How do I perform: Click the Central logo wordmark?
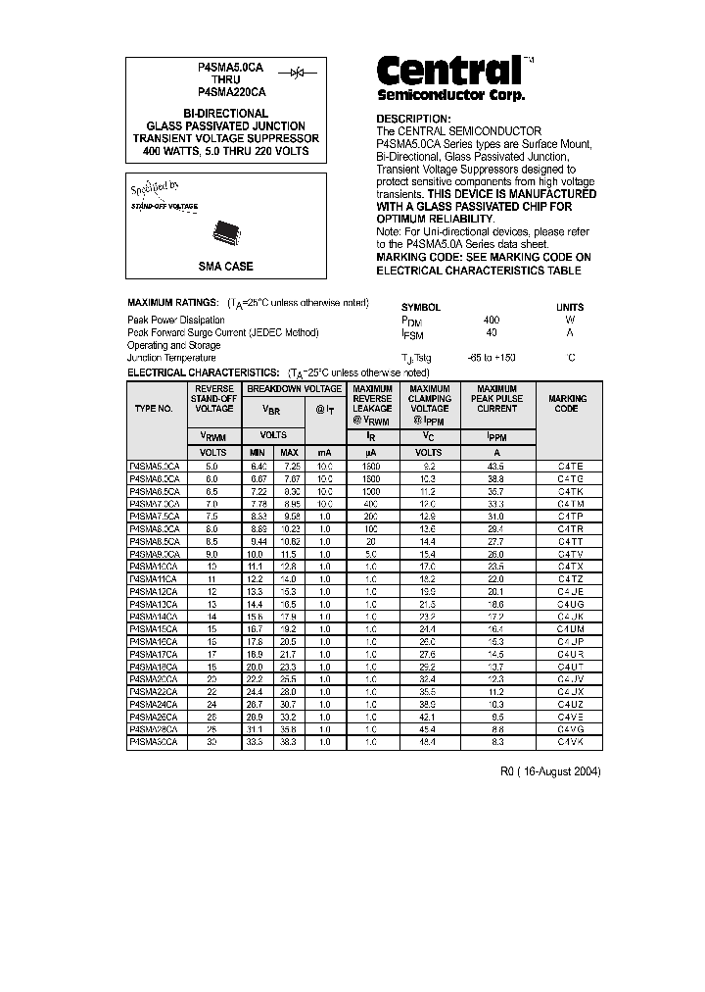449,72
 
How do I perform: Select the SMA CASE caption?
226,266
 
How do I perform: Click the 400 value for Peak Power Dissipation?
491,320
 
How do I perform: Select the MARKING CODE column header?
568,403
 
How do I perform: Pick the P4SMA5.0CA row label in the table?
155,466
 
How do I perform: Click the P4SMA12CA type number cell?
154,592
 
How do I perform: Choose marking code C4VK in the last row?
569,743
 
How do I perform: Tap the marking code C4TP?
569,516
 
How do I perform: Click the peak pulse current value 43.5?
496,466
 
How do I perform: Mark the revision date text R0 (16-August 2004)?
550,771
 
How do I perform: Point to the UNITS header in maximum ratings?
570,307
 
